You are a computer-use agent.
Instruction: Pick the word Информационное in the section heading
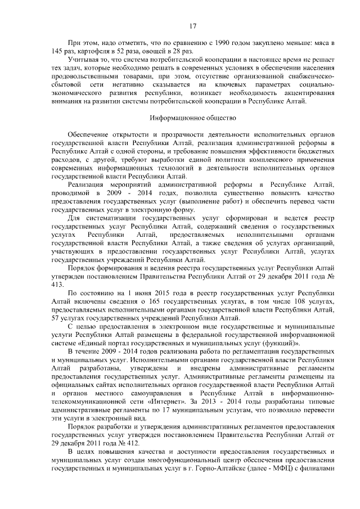(175, 118)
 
